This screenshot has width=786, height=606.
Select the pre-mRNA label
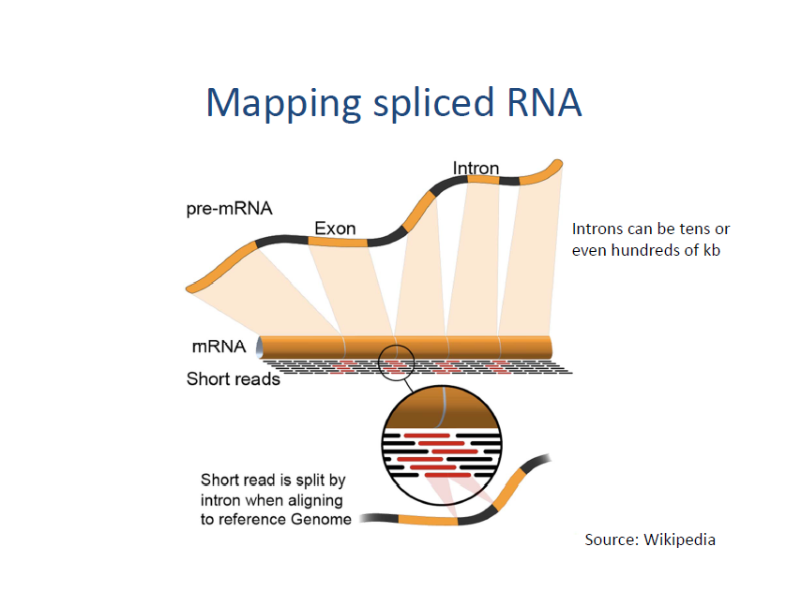(x=230, y=209)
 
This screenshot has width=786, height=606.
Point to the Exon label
(x=335, y=228)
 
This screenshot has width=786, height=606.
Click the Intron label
(x=476, y=169)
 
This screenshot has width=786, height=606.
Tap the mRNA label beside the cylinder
(x=219, y=347)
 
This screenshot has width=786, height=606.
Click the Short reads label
(x=234, y=379)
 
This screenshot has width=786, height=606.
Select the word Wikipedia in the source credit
(x=679, y=539)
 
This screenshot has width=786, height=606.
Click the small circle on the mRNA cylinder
(x=396, y=361)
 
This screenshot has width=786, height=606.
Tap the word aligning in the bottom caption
(x=313, y=500)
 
